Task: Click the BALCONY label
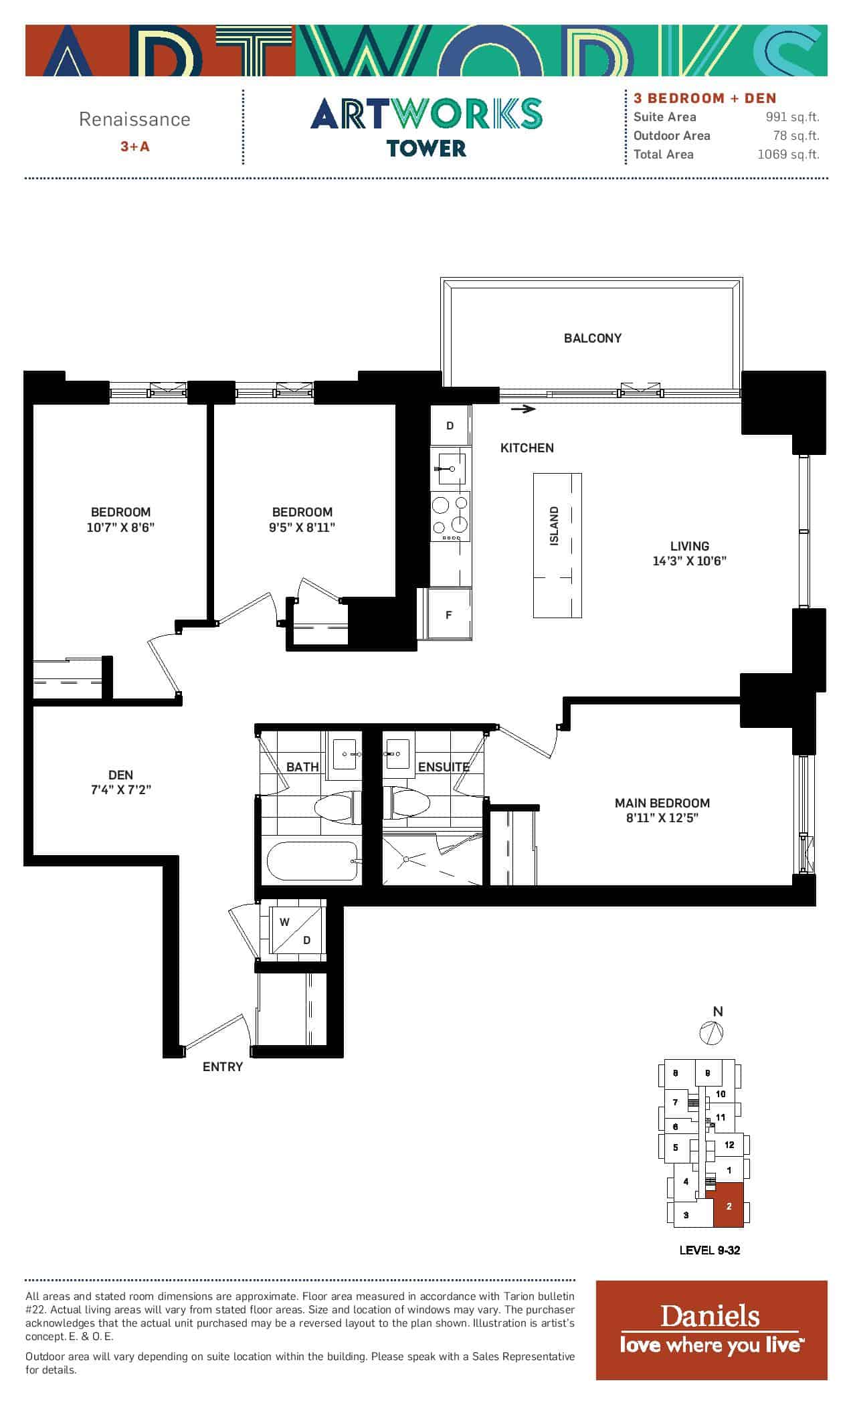click(x=592, y=338)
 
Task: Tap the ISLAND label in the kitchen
click(x=554, y=526)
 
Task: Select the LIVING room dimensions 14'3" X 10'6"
click(x=689, y=561)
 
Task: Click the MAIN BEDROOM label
click(x=662, y=803)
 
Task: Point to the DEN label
click(x=120, y=775)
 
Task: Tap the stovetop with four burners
click(x=450, y=516)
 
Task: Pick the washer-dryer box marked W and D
click(x=296, y=930)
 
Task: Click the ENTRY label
click(x=223, y=1066)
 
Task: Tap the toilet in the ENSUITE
click(x=407, y=802)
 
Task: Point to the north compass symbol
click(x=711, y=1032)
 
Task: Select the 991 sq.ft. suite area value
click(x=793, y=117)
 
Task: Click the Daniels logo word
click(x=710, y=1316)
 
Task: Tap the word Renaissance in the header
click(x=134, y=119)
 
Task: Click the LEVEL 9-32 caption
click(x=710, y=1250)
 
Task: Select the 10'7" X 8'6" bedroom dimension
click(x=120, y=527)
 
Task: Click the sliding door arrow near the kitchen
click(x=523, y=409)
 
